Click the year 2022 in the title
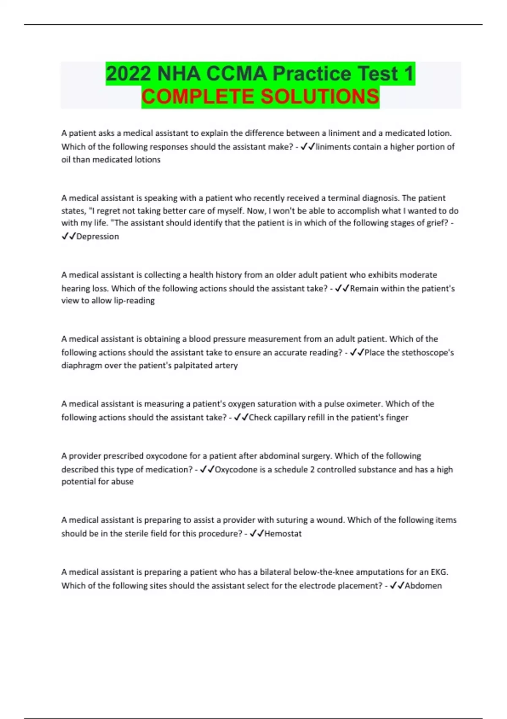pos(128,74)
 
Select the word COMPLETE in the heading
pos(198,97)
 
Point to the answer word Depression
pos(98,236)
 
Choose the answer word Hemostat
pos(283,534)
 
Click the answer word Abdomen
pos(423,586)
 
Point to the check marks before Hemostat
pos(256,534)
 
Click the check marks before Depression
pos(68,236)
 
